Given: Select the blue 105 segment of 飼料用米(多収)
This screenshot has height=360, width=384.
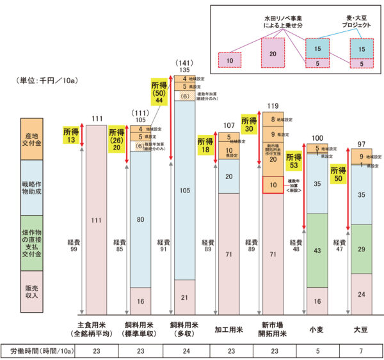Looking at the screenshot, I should pyautogui.click(x=185, y=189).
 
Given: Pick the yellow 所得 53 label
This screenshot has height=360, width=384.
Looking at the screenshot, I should pyautogui.click(x=293, y=162).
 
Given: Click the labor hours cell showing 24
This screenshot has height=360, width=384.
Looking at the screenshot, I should pyautogui.click(x=185, y=351).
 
